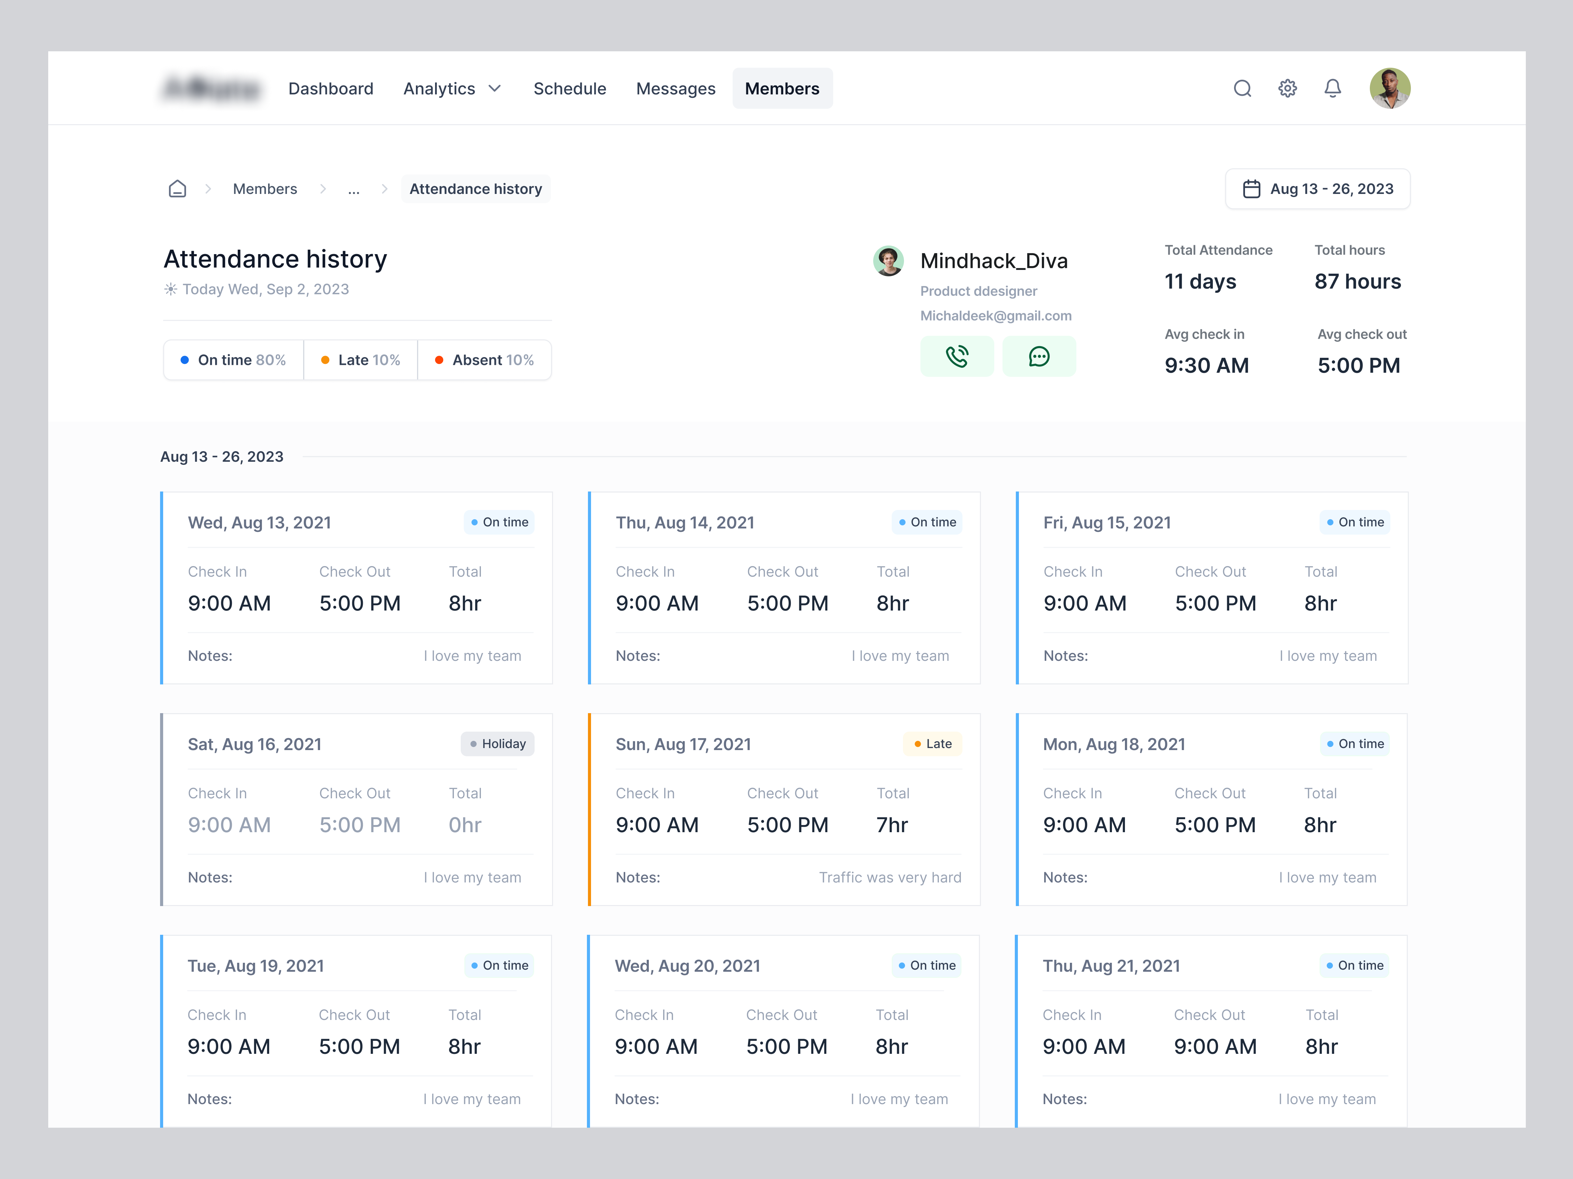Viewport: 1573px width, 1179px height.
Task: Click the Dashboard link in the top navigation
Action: point(331,89)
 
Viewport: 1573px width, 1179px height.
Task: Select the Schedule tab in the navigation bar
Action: point(569,89)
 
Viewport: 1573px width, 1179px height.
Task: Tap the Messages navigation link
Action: point(676,89)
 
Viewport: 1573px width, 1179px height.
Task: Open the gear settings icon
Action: point(1287,89)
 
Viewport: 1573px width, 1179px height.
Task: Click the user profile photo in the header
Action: point(1390,89)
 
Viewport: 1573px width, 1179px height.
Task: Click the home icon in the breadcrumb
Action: point(177,189)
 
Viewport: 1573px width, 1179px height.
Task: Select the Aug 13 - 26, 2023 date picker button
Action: point(1318,189)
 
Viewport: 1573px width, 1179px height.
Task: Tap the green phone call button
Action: point(957,356)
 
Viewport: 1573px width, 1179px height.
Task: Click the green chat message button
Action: point(1039,356)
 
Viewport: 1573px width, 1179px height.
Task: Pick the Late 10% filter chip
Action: point(361,361)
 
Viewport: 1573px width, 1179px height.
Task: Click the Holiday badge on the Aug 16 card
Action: point(498,744)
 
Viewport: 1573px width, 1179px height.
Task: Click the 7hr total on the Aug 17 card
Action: point(892,825)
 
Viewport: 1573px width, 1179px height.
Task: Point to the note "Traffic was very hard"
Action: point(890,877)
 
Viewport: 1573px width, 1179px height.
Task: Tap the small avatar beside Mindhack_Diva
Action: point(888,261)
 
